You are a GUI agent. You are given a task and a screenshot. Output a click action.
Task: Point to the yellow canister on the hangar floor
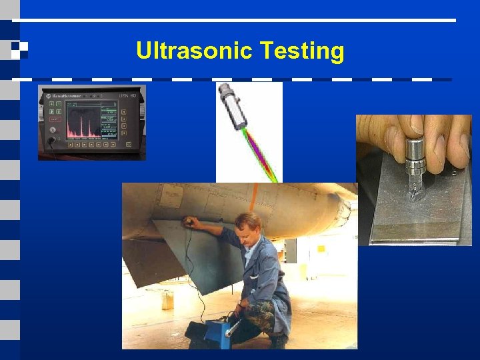click(x=167, y=300)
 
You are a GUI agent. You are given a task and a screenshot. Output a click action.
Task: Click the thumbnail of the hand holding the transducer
click(x=414, y=123)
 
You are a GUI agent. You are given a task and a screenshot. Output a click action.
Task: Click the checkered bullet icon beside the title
click(x=18, y=48)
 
